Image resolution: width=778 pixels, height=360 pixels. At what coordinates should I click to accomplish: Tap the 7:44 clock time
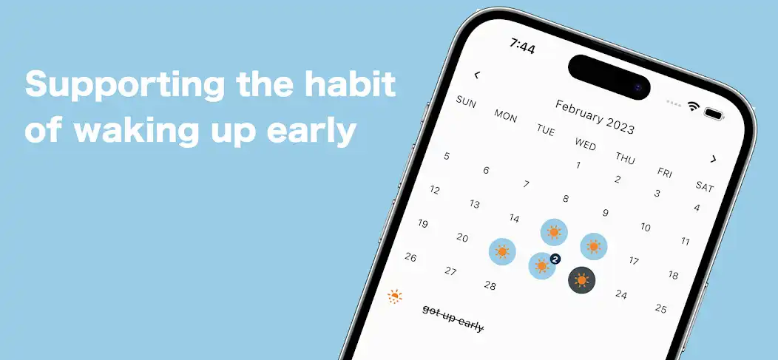pos(522,46)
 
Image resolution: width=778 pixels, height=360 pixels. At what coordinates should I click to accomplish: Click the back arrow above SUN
pos(477,75)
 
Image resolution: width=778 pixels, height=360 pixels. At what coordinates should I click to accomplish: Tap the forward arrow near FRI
pos(714,159)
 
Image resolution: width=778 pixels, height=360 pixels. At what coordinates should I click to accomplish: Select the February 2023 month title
pos(595,117)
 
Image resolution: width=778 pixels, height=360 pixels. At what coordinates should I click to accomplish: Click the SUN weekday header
pos(466,101)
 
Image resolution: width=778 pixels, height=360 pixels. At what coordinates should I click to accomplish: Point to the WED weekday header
pos(585,143)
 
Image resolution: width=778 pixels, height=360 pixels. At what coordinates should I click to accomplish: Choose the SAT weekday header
pos(705,186)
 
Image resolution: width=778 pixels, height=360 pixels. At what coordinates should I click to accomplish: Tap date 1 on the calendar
pos(578,165)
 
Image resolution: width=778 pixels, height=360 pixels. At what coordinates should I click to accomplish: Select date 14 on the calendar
pos(514,218)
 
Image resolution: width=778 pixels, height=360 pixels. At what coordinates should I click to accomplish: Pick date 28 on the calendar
pos(490,285)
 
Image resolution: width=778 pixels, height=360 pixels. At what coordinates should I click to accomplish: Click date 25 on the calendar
pos(661,308)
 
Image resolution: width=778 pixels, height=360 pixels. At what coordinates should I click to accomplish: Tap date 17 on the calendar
pos(634,260)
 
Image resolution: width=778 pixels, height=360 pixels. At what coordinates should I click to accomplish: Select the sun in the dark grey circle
pos(582,280)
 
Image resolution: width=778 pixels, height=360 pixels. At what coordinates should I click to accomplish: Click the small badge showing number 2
pos(555,259)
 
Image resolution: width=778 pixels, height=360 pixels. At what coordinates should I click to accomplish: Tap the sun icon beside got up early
pos(396,296)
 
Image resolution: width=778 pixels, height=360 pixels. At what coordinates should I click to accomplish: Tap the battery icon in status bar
pos(714,114)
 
